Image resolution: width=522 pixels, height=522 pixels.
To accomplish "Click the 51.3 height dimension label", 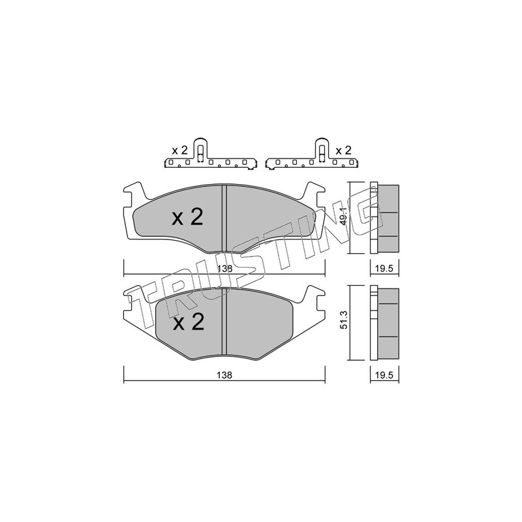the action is (344, 320).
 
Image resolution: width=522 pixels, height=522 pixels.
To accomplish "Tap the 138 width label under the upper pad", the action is (225, 269).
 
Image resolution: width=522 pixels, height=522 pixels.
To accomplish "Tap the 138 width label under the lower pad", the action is (224, 375).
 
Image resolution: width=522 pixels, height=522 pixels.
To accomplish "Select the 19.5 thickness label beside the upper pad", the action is (384, 269).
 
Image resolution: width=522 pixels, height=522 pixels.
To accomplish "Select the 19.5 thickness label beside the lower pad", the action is (384, 375).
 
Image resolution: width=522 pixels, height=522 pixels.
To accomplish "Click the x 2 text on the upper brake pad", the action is (187, 217).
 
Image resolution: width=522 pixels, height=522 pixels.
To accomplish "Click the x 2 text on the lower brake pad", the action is (189, 322).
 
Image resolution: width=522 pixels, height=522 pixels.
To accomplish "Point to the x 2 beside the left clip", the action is (180, 151).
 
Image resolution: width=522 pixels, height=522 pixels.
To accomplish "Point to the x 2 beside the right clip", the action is (344, 151).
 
